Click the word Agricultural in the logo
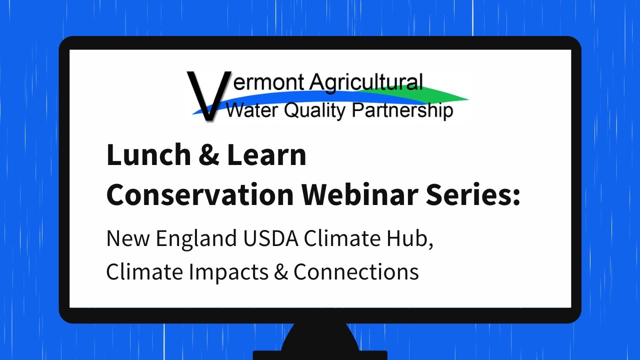(366, 82)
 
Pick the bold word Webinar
(354, 195)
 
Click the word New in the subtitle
(127, 239)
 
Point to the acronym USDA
(271, 239)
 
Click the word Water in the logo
(249, 110)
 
